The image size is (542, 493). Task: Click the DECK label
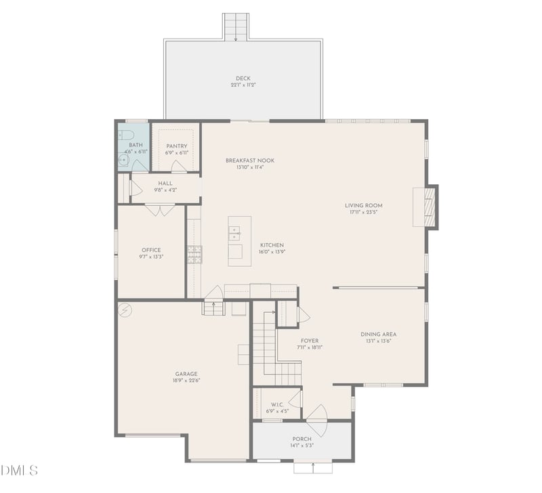pyautogui.click(x=243, y=79)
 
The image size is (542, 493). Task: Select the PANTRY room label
pyautogui.click(x=177, y=146)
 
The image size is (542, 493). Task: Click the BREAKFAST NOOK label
pyautogui.click(x=250, y=160)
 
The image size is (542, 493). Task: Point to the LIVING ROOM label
pyautogui.click(x=364, y=205)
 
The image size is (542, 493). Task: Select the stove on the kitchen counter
pyautogui.click(x=194, y=255)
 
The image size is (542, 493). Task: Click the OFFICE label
pyautogui.click(x=151, y=250)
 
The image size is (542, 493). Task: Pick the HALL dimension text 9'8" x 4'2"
pyautogui.click(x=165, y=190)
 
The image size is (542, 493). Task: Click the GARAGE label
pyautogui.click(x=186, y=374)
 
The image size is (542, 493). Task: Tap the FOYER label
pyautogui.click(x=310, y=341)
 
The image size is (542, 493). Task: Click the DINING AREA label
pyautogui.click(x=379, y=334)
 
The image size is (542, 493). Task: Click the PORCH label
pyautogui.click(x=302, y=439)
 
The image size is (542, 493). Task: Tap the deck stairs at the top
pyautogui.click(x=236, y=26)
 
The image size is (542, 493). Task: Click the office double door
pyautogui.click(x=161, y=210)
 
